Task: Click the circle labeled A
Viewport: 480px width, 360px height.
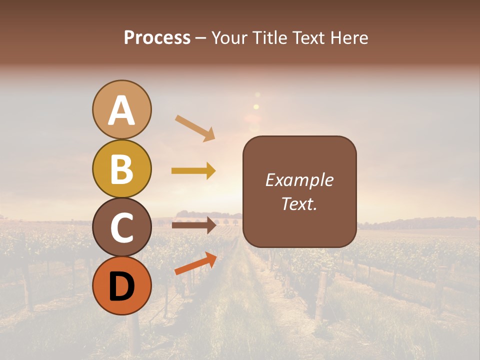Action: (121, 109)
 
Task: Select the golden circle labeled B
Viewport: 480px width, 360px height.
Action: (121, 168)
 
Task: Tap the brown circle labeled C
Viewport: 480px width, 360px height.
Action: (121, 227)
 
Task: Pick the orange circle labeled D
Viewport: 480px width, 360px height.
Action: (121, 285)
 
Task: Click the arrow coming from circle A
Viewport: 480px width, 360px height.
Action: (195, 128)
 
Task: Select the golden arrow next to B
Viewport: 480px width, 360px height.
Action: (193, 171)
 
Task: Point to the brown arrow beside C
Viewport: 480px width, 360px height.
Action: (193, 225)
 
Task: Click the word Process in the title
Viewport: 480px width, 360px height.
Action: (157, 37)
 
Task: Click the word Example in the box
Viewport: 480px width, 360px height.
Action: (299, 180)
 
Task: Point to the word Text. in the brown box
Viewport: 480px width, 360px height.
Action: (299, 203)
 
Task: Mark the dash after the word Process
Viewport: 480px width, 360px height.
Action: (201, 38)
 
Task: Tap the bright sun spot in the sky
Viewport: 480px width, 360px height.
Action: (256, 106)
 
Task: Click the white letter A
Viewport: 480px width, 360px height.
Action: (121, 110)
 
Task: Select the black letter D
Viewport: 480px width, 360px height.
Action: (121, 286)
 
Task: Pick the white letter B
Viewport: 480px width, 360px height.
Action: (121, 169)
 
